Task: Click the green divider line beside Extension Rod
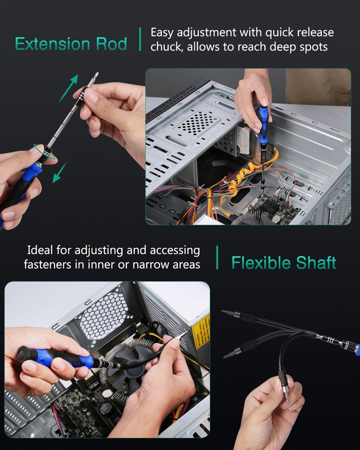[x=140, y=39]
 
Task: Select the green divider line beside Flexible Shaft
[x=217, y=257]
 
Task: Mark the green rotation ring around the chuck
[x=45, y=152]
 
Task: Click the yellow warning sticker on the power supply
[x=201, y=332]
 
